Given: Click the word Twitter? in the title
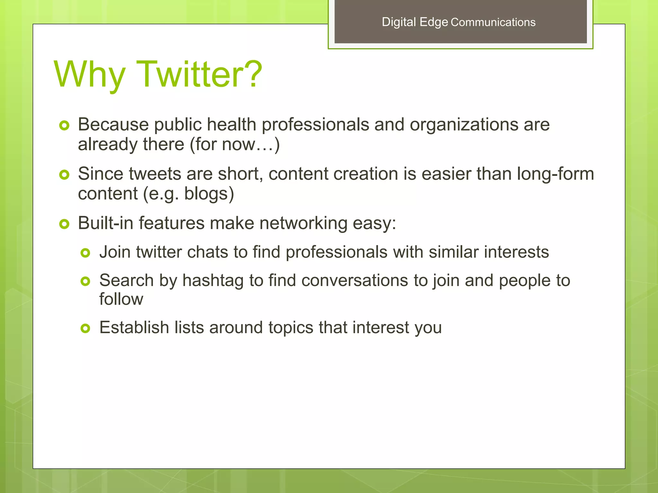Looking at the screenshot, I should [199, 74].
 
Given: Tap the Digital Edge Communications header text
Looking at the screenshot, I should [458, 22].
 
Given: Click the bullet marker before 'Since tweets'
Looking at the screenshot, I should [64, 175].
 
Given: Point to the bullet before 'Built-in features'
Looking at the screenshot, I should [64, 224].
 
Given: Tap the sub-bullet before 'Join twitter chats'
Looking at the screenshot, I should [85, 253].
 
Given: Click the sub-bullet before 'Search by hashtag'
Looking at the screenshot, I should [85, 281].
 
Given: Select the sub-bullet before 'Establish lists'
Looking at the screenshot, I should [85, 328].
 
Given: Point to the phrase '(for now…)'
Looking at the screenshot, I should [235, 144].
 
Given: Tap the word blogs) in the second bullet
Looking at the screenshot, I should [209, 194].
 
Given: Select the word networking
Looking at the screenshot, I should [303, 223].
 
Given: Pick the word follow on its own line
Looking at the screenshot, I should [121, 299].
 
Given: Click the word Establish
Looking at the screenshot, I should [134, 328].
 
